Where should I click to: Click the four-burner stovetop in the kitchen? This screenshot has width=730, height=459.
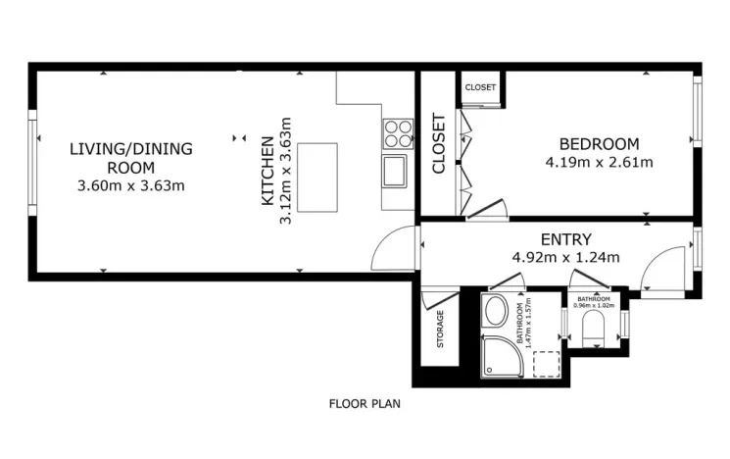pos(398,132)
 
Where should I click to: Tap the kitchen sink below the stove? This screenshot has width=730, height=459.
pos(397,171)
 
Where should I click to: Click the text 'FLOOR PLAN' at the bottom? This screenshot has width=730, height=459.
pos(365,403)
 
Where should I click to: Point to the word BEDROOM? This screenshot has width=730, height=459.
pos(599,143)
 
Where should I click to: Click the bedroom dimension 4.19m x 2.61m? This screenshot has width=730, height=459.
pos(599,162)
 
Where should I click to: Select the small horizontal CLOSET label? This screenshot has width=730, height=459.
pos(480,87)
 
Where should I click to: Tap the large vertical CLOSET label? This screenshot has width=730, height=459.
pos(439,144)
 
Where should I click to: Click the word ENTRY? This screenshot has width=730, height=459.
pos(566,239)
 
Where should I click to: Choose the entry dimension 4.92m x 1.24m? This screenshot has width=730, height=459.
pos(566,258)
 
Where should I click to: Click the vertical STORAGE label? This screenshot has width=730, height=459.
pos(440,330)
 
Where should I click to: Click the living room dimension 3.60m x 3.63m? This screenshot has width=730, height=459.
pos(130,184)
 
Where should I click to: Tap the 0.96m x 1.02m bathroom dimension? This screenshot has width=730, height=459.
pos(594,305)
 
